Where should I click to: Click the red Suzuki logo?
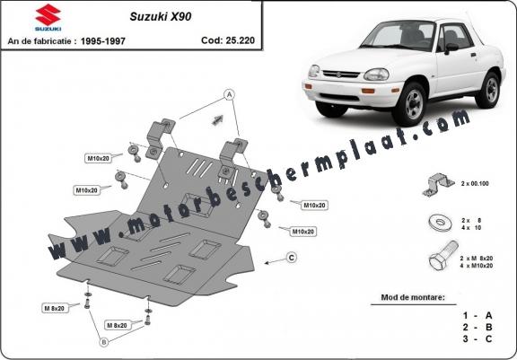48,17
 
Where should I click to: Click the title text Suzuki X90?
161,16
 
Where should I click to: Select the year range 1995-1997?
103,41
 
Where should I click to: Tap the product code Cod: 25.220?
228,40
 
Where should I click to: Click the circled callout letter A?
229,95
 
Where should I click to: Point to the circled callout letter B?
104,343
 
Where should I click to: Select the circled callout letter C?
292,258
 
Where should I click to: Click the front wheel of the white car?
410,104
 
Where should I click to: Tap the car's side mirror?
451,48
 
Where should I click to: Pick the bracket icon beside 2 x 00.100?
438,185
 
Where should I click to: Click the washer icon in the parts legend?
441,223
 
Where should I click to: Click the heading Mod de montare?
413,297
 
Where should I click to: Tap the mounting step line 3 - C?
478,338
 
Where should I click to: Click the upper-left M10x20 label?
98,158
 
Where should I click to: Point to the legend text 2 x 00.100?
475,184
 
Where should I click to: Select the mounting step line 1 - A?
478,316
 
